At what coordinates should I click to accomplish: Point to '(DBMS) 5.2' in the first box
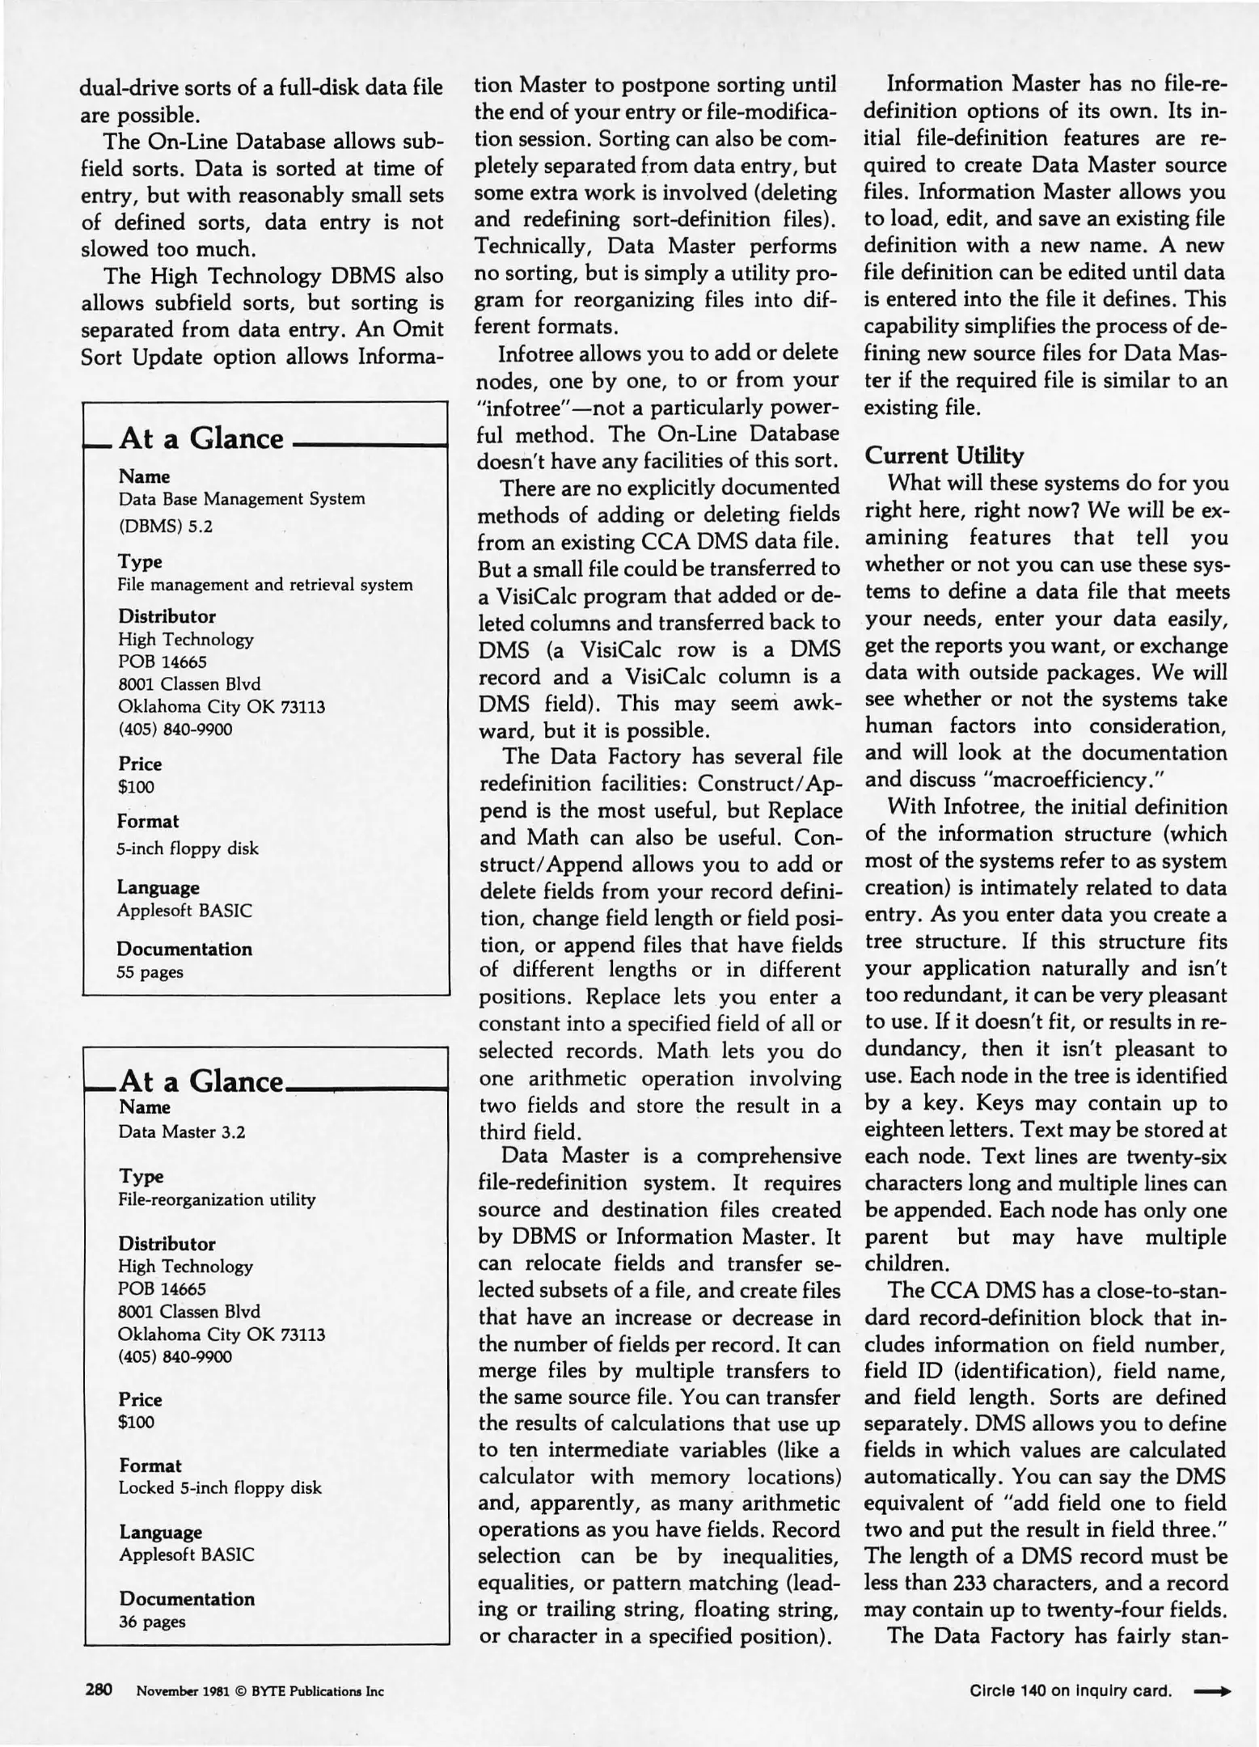tap(165, 527)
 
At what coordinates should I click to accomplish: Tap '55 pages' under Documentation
tap(150, 972)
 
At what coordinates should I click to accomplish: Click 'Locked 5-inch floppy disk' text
tap(220, 1487)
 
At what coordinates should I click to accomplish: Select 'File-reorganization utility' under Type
tap(217, 1199)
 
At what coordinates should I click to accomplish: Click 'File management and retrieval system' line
tap(265, 585)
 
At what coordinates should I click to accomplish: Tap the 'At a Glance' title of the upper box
tap(201, 438)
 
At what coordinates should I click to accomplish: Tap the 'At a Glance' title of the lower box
tap(201, 1081)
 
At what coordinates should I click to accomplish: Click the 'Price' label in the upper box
tap(140, 764)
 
